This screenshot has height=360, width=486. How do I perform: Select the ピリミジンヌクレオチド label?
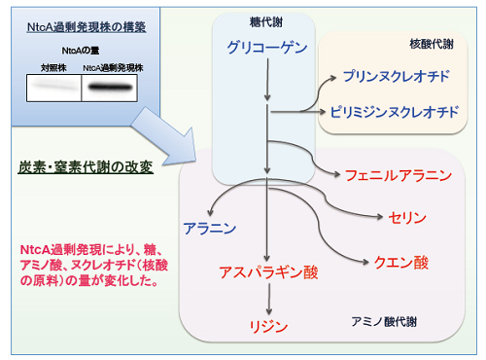coord(394,112)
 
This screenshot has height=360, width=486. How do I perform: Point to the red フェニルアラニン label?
coord(399,176)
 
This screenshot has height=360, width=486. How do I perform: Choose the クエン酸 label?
coord(400,263)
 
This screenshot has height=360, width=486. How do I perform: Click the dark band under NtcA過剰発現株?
coord(114,90)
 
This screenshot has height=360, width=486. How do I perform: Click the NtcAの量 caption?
coord(86,50)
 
